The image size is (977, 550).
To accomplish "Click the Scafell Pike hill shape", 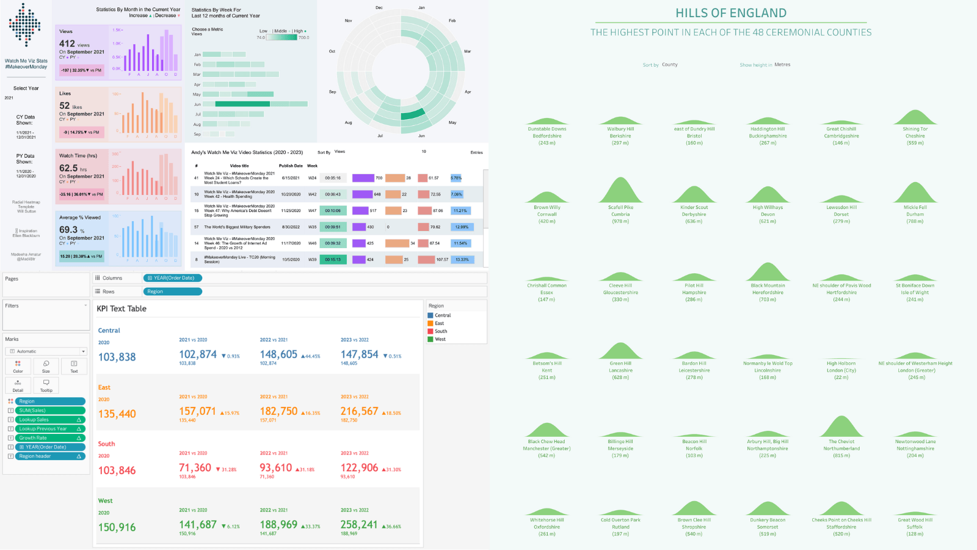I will pos(620,191).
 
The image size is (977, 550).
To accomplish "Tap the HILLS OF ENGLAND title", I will pos(731,13).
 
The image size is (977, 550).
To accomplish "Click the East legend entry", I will pos(439,323).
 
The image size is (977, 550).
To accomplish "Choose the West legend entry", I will pos(440,339).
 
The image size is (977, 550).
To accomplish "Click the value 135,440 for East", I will pos(117,414).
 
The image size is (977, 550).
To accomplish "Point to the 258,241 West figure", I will pos(359,525).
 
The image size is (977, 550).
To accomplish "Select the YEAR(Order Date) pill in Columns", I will pos(173,278).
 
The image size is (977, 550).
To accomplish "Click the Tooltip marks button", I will pos(46,385).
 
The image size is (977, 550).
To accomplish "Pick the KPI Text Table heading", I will pos(122,309).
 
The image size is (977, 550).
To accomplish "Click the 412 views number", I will pos(67,44).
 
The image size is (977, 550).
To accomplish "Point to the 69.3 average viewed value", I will pos(68,230).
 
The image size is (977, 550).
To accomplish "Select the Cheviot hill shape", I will pos(841,427).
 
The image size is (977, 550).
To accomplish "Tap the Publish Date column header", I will pos(291,166).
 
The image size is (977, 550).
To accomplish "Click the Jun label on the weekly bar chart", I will pos(197,105).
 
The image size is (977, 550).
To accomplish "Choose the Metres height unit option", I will pos(782,65).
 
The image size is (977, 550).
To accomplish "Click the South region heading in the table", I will pos(106,444).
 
